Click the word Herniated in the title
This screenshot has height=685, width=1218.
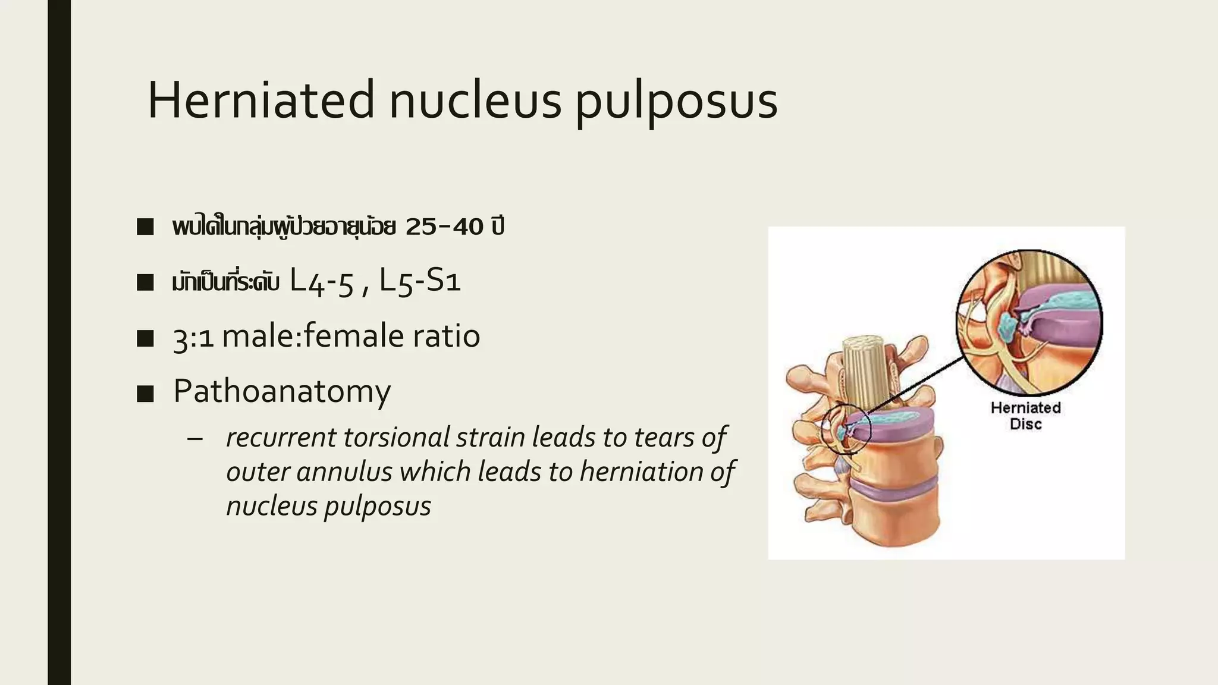coord(260,100)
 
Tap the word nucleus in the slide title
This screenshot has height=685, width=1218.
coord(475,100)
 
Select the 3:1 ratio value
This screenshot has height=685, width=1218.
coord(193,337)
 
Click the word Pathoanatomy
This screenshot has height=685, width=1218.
coord(282,392)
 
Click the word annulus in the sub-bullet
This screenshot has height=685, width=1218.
coord(344,472)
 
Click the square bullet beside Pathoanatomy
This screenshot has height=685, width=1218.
coord(145,394)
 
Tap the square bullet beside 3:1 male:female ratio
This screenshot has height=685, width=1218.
coord(145,338)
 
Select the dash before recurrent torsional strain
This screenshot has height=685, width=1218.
coord(194,439)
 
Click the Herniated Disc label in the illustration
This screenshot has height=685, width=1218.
coord(1025,416)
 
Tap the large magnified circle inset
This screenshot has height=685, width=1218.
coord(1029,322)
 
